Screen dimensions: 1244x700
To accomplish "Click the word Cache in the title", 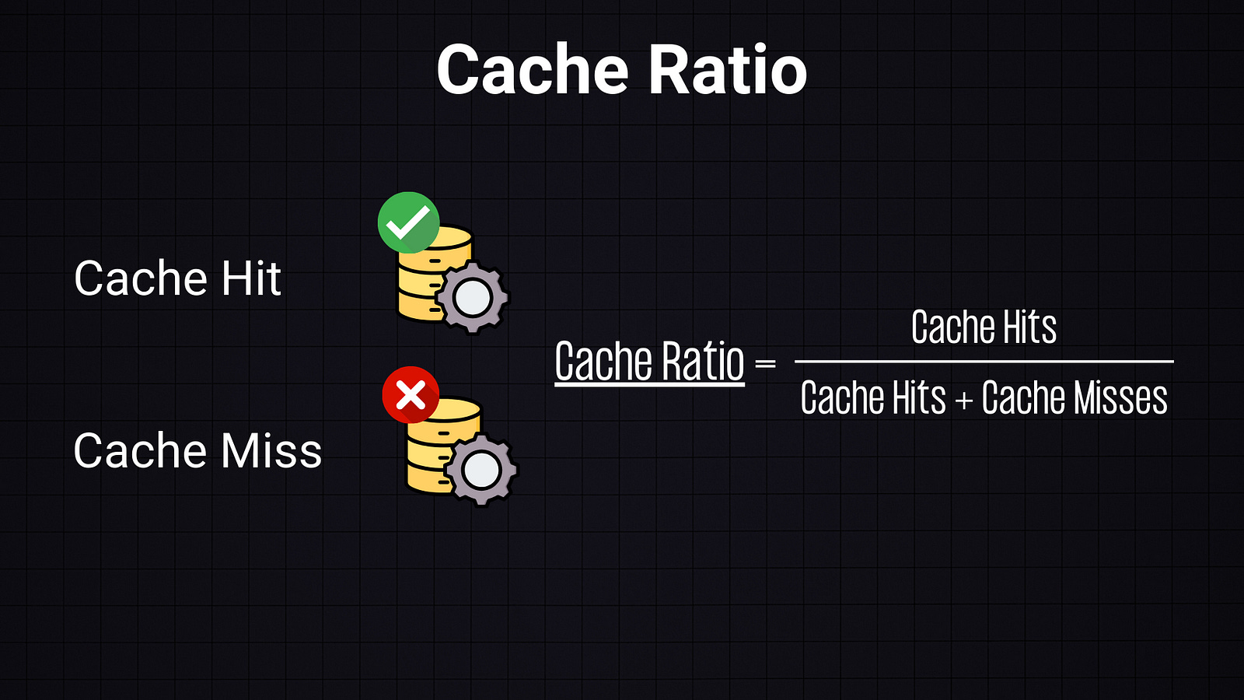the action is click(533, 70).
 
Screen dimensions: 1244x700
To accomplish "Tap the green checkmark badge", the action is click(408, 222).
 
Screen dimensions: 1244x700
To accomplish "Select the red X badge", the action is click(411, 395).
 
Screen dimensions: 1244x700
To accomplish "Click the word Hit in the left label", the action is click(250, 278).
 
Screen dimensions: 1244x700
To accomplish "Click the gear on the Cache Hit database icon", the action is click(472, 298).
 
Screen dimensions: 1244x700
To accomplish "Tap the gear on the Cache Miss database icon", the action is click(481, 470).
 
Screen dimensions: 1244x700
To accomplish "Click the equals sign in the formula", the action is click(766, 363).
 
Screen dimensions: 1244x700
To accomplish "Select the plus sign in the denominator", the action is click(964, 401).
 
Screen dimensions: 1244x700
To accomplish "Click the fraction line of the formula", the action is click(984, 362).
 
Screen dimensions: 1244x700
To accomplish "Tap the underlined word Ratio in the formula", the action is click(704, 362).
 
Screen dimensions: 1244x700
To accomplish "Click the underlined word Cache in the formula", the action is click(603, 362).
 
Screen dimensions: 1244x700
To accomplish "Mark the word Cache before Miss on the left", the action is click(140, 451).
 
